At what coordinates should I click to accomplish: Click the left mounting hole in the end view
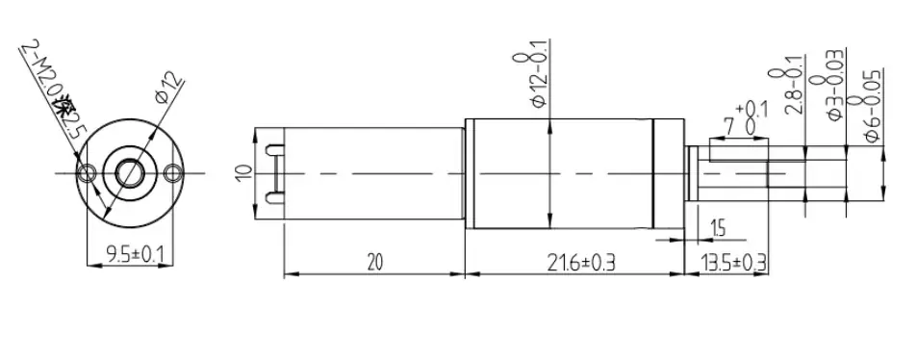[x=89, y=172]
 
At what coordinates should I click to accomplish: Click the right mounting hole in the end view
[x=173, y=172]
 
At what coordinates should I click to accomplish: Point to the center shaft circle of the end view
[x=129, y=172]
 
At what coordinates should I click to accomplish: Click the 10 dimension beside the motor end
[x=244, y=172]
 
